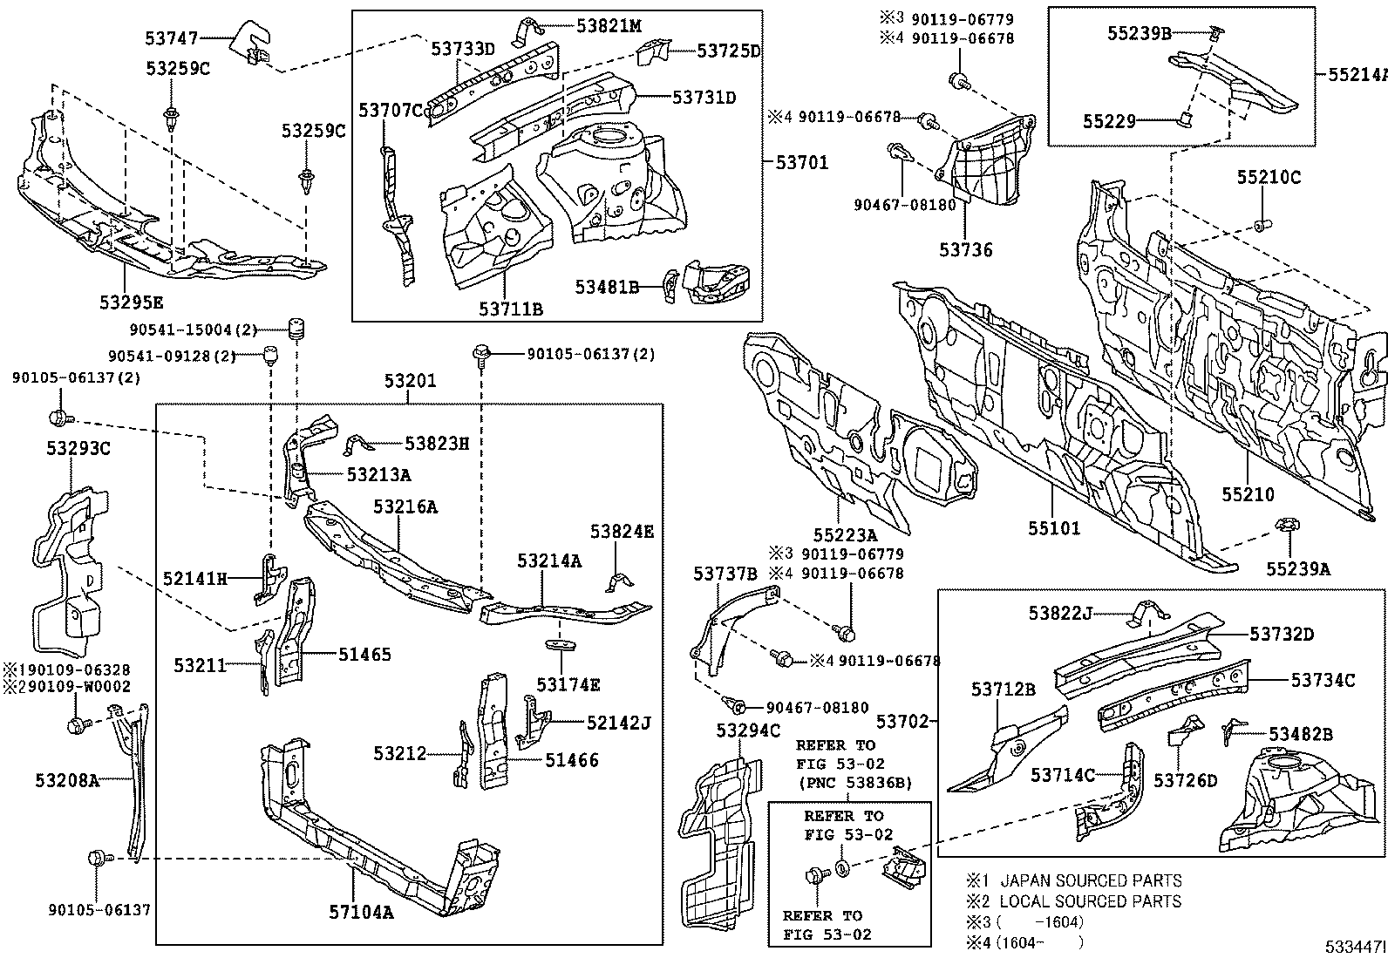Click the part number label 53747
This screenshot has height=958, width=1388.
pos(171,38)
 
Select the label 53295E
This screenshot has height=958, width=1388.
pos(131,302)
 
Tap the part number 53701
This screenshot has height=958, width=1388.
pos(801,162)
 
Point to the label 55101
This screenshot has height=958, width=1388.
pos(1053,528)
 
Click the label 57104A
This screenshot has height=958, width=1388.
pos(361,913)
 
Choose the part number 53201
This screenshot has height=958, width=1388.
pos(410,381)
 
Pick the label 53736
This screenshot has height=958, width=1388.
pos(965,250)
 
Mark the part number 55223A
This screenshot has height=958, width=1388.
pos(846,535)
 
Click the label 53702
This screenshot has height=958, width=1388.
pos(903,722)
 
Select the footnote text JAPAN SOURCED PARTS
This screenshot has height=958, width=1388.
pos(1091,881)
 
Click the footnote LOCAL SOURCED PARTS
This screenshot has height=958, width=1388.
pos(1090,901)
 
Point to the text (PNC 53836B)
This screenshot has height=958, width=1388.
pos(853,783)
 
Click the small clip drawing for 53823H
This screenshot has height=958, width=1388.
pos(358,444)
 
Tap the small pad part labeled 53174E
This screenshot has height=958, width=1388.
pos(562,646)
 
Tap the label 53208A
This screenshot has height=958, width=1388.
pos(67,780)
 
